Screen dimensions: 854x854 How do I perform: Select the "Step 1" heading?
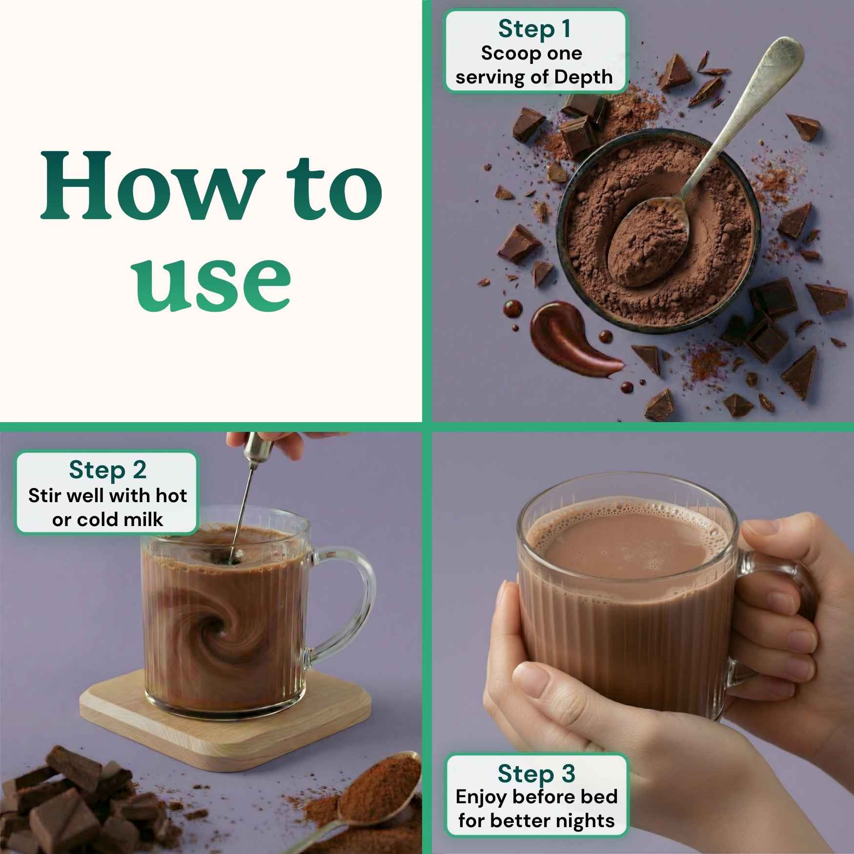534,29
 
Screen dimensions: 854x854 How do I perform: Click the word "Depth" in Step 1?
584,77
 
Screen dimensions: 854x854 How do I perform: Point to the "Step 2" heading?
108,470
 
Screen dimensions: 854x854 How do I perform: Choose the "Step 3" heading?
536,773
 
